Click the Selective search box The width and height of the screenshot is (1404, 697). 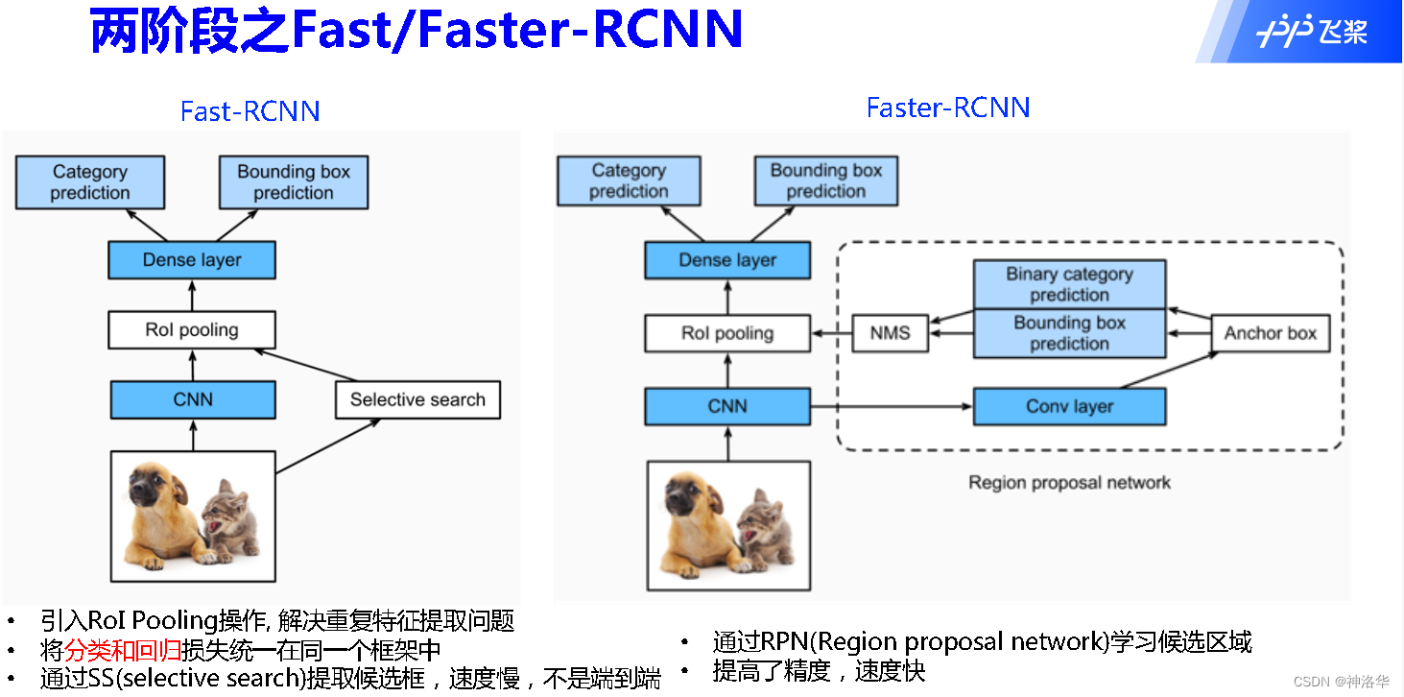[x=417, y=399]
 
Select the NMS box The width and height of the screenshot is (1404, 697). [x=890, y=333]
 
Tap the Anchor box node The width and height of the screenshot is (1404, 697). [x=1270, y=333]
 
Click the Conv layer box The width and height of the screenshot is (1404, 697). [x=1069, y=406]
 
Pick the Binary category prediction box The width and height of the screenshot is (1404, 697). [x=1069, y=284]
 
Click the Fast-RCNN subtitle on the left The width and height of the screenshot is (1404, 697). [x=250, y=111]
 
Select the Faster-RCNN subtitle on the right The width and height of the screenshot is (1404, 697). [x=948, y=108]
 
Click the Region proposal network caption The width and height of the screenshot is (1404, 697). [x=1069, y=482]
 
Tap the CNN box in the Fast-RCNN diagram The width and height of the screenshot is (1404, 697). [x=192, y=399]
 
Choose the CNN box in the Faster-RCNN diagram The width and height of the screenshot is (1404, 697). [x=727, y=406]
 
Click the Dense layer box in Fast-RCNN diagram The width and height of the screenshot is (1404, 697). [x=192, y=260]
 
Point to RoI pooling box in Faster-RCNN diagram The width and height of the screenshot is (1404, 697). [x=727, y=333]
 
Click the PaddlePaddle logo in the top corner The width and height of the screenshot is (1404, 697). [x=1311, y=32]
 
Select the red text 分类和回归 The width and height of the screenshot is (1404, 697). [x=123, y=650]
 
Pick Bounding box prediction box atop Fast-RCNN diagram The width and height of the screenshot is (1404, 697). [x=294, y=182]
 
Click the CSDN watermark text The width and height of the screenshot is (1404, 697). [x=1341, y=682]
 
